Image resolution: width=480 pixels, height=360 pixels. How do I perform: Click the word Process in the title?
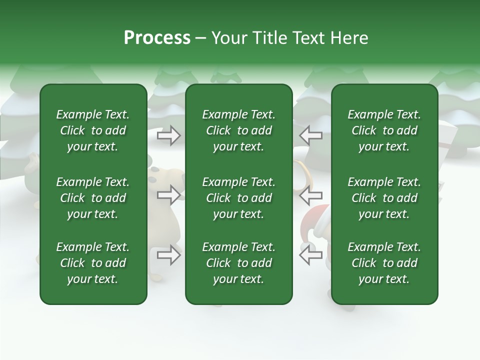coord(157,38)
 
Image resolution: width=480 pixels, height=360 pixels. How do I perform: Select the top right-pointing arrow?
coord(169,135)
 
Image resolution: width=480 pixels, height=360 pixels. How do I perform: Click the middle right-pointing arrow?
coord(169,195)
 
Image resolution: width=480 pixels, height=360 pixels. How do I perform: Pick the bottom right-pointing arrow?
coord(169,255)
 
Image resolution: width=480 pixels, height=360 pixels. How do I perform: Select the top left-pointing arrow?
coord(310,135)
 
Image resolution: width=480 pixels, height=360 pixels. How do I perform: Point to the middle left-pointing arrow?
coord(310,195)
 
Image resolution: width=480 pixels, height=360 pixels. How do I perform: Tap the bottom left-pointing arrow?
coord(310,255)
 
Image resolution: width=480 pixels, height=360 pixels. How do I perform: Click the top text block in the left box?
coord(93,130)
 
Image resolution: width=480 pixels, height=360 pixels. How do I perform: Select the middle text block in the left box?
coord(93,198)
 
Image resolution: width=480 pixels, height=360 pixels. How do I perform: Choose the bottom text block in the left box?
coord(93,263)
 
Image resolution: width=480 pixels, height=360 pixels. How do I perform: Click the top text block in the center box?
coord(238,130)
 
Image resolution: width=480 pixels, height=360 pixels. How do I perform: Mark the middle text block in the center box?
coord(238,198)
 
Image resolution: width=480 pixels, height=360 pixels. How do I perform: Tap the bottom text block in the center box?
coord(238,263)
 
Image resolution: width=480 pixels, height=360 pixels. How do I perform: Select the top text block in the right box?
coord(384,130)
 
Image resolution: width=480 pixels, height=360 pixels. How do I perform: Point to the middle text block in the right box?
coord(384,198)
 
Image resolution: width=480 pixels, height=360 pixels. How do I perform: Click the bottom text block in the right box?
coord(384,263)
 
